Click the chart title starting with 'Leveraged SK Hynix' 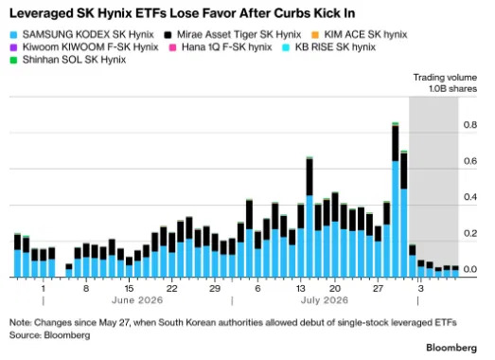(183, 13)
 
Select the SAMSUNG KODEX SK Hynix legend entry (82, 34)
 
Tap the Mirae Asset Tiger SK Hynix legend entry (233, 34)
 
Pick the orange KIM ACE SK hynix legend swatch (315, 34)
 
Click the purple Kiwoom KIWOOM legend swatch (13, 47)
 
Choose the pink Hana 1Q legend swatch (172, 47)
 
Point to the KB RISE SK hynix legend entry (329, 47)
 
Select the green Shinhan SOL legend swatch (13, 60)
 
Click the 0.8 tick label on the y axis (470, 125)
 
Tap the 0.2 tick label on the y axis (470, 233)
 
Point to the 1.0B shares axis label (452, 89)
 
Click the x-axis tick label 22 (171, 288)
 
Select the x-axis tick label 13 (301, 288)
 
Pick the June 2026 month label (137, 300)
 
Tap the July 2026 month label (325, 300)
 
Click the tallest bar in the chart (396, 200)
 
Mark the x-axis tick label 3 (420, 288)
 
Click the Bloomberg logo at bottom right (451, 348)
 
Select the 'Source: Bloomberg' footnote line (50, 335)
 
